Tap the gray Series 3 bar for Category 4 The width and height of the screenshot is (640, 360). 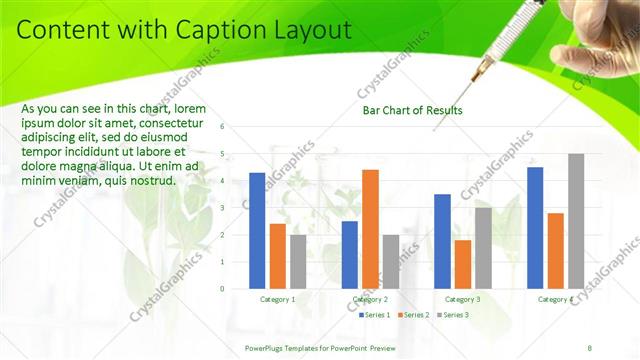coord(576,221)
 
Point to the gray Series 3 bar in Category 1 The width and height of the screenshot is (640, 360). coord(298,262)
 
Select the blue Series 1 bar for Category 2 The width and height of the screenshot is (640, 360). coord(349,255)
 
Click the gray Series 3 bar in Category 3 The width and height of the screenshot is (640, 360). coord(483,248)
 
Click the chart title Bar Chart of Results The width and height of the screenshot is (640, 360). coord(412,110)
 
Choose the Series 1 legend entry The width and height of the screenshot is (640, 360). coord(375,315)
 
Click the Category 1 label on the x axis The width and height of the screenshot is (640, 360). coord(278,299)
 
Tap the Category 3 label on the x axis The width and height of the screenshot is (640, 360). coord(462,299)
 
